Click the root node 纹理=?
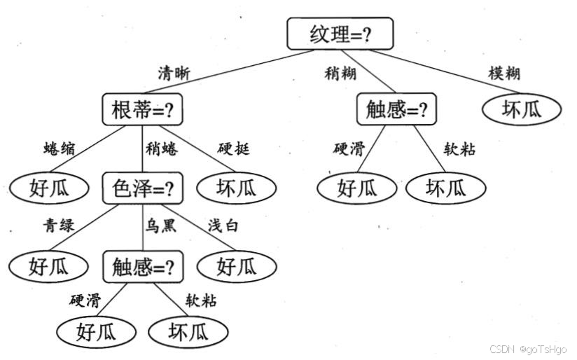coord(340,34)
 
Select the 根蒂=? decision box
coord(142,109)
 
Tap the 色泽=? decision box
coord(143,188)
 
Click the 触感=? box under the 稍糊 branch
coord(396,109)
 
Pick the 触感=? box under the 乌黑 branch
coord(143,267)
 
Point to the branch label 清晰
coord(174,74)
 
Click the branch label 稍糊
coord(340,74)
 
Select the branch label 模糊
coord(504,74)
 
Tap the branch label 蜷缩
coord(60,148)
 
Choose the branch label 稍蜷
coord(162,148)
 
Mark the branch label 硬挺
coord(234,148)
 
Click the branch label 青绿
coord(59,226)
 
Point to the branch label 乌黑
coord(161,226)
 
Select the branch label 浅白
coord(223,226)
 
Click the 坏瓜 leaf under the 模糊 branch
coord(522,109)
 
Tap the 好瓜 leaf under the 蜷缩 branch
coord(49,188)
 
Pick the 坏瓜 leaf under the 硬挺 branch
coord(237,188)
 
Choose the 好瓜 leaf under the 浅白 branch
coord(237,267)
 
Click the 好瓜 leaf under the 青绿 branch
coord(48,267)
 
